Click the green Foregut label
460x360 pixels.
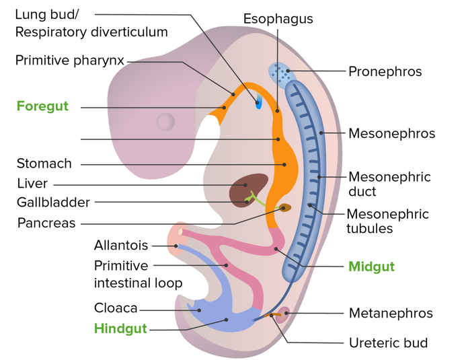click(x=42, y=106)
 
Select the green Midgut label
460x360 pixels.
click(x=371, y=266)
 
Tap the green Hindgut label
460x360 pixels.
click(x=120, y=329)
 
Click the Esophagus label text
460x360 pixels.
click(x=278, y=19)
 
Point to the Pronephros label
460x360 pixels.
click(x=385, y=71)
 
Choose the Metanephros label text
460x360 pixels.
click(x=391, y=313)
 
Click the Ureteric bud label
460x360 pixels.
click(x=388, y=343)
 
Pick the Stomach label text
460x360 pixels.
click(x=44, y=164)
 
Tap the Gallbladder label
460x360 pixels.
click(x=53, y=202)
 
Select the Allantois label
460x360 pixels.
click(x=121, y=246)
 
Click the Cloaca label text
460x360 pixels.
click(x=116, y=309)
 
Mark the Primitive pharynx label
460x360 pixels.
click(x=70, y=61)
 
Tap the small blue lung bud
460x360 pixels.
click(x=258, y=102)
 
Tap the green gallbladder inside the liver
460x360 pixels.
click(x=253, y=198)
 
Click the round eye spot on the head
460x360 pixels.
click(x=165, y=122)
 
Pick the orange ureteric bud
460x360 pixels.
click(x=274, y=314)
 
